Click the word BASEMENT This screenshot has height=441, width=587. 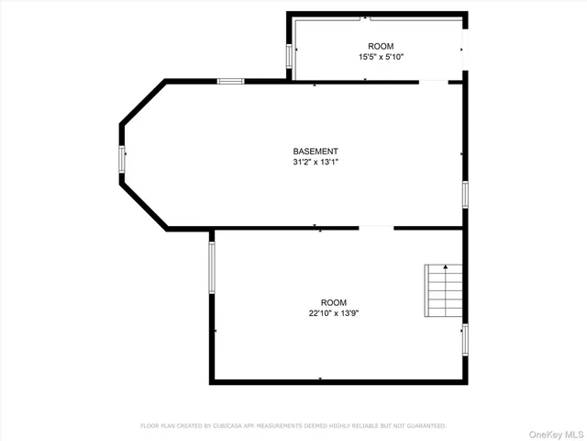[x=316, y=152]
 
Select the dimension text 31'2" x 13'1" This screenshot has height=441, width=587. [x=316, y=163]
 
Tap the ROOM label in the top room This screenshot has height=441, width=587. [x=381, y=46]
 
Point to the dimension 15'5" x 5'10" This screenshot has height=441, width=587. [x=381, y=57]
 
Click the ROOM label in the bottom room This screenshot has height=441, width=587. [x=333, y=302]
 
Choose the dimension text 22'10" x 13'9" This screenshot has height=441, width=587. [x=333, y=313]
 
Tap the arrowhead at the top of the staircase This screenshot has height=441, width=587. [x=445, y=267]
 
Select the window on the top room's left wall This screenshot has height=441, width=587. [x=291, y=56]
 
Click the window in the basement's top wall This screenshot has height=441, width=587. [x=231, y=81]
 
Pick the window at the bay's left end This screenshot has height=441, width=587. [x=121, y=159]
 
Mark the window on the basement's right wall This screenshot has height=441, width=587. [x=465, y=194]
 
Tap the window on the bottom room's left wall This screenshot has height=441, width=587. [x=212, y=267]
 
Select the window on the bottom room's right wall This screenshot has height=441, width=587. [x=465, y=338]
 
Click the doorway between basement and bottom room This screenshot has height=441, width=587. [x=376, y=227]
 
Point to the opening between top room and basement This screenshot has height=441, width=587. [x=434, y=81]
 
